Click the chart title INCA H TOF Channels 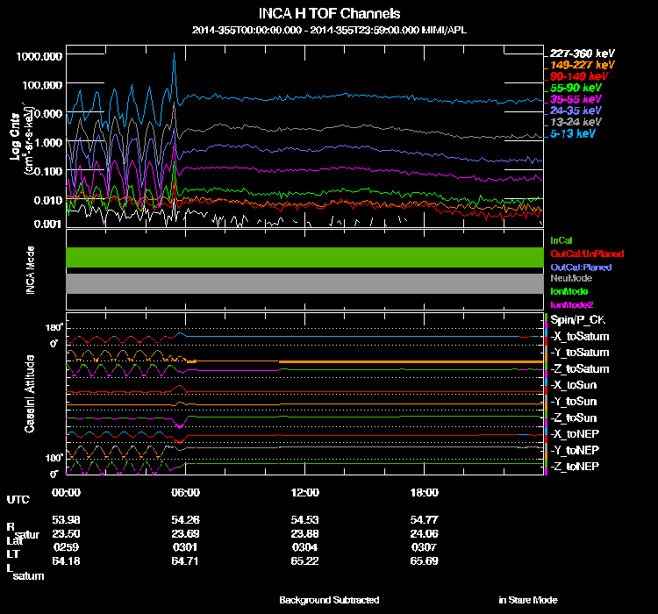coord(329,14)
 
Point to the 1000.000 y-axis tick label coord(39,55)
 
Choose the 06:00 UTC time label coord(186,492)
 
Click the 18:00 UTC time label coord(425,492)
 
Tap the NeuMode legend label coord(569,278)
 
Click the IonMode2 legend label coord(571,303)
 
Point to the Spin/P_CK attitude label coord(578,320)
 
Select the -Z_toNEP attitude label coord(576,466)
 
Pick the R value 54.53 coord(305,520)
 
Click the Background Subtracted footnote coord(329,600)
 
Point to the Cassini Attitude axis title coord(29,392)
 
